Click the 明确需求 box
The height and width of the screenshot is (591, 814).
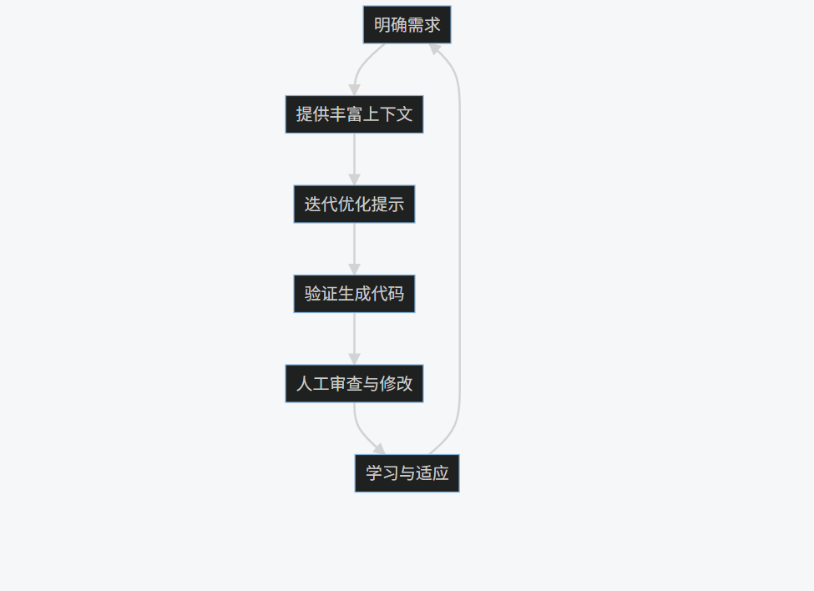407,25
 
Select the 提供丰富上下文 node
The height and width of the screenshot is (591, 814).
354,114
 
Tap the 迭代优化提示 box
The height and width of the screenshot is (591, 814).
354,205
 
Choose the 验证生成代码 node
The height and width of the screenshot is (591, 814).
354,294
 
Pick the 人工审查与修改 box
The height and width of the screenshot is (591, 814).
354,384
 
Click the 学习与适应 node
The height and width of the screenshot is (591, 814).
407,473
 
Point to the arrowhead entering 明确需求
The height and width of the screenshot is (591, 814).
434,48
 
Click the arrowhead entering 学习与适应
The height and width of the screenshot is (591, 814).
380,449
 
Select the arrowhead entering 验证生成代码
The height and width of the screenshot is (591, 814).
354,270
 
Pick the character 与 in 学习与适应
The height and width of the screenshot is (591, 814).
407,473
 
